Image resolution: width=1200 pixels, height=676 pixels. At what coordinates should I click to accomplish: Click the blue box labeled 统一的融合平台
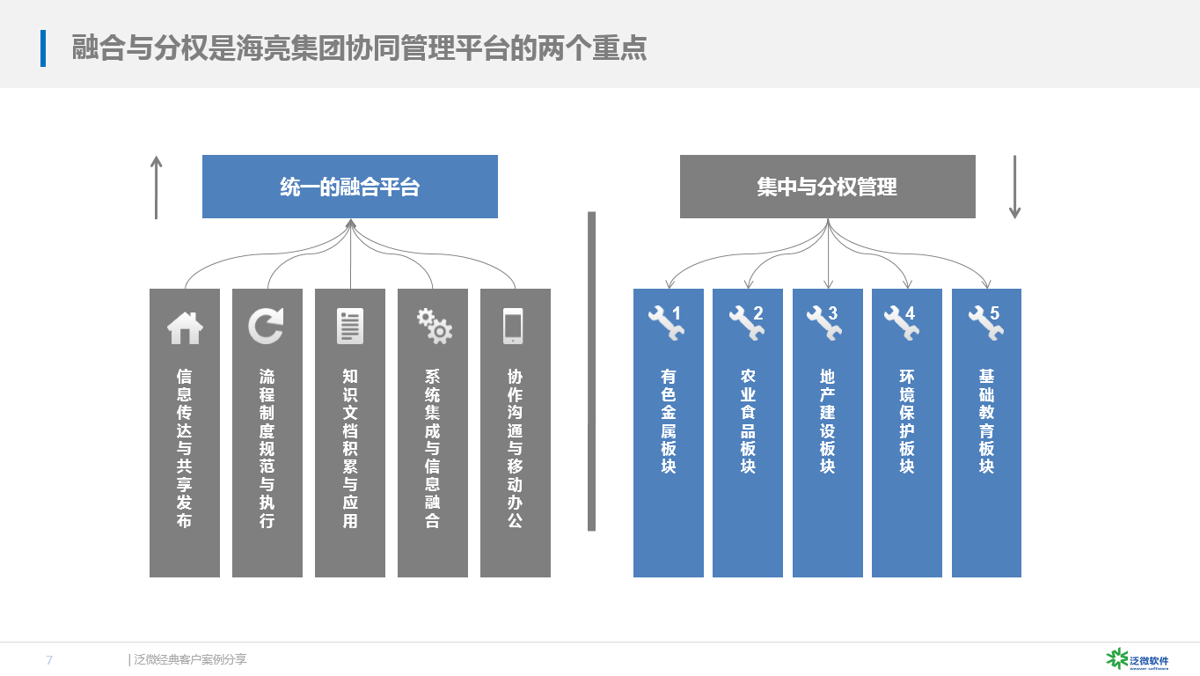point(350,187)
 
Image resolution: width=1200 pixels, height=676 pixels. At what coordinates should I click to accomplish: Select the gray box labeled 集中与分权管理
point(827,187)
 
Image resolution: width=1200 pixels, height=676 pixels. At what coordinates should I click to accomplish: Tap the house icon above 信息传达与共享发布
point(185,327)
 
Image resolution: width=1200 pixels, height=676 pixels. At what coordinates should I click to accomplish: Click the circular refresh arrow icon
point(267,326)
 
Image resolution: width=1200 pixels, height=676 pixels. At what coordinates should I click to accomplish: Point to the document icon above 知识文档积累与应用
point(349,326)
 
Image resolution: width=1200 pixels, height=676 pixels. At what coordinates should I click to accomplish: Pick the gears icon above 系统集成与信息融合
point(434,326)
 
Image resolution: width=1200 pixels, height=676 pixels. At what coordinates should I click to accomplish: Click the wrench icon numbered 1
point(664,323)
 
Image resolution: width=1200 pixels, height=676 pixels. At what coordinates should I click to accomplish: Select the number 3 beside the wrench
point(832,313)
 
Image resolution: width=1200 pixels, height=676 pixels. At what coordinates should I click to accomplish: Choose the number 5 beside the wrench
point(994,313)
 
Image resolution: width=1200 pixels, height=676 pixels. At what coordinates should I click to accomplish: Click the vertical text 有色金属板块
point(669,421)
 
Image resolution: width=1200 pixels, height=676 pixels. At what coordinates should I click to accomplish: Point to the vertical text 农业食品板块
point(748,421)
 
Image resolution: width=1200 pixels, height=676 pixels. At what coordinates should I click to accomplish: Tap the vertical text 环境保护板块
point(907,421)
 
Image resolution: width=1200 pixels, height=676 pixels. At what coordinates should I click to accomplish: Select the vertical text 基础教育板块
point(986,421)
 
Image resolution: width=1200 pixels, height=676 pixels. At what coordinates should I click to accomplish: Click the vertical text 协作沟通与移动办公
point(515,447)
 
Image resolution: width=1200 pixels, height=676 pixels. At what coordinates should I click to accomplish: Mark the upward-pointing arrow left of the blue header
point(157,187)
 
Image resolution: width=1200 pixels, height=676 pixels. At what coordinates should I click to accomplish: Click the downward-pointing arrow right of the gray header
point(1014,187)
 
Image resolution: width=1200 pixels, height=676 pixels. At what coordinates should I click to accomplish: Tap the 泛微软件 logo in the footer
point(1137,658)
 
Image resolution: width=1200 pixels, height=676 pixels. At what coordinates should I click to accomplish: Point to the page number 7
point(49,659)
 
